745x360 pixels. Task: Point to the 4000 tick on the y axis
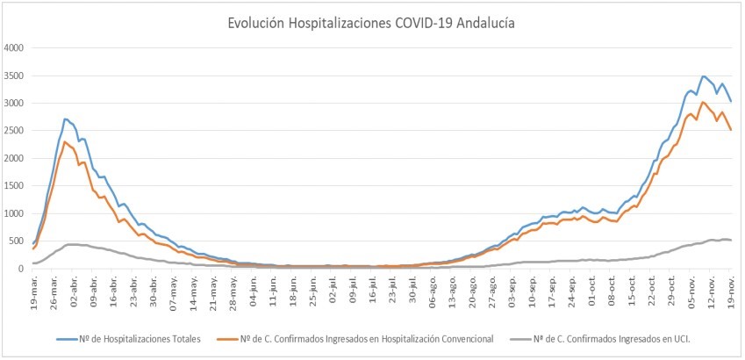(x=17, y=47)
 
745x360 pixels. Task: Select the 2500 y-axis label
(x=17, y=131)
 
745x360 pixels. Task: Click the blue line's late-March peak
(x=66, y=119)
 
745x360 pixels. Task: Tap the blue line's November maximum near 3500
(x=703, y=76)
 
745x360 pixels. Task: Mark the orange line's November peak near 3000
(x=703, y=102)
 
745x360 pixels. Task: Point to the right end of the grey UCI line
(x=732, y=241)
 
